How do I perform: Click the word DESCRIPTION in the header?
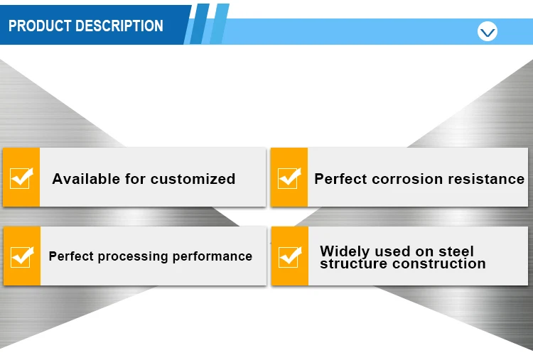point(119,26)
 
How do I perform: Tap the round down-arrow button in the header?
point(487,31)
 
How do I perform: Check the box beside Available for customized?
point(21,178)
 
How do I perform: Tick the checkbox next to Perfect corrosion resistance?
point(289,178)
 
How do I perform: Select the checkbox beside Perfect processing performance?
point(22,257)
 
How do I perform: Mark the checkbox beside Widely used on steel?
point(290,257)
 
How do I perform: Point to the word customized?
point(193,179)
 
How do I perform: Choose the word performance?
point(212,256)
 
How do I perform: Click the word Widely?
point(345,251)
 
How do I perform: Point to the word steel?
point(456,251)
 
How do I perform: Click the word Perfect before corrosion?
point(340,179)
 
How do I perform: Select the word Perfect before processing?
point(70,256)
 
